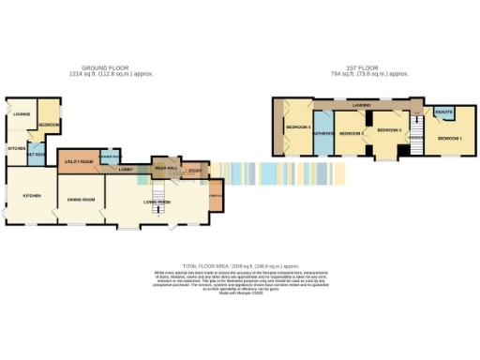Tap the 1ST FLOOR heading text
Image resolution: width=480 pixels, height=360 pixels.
[x=369, y=67]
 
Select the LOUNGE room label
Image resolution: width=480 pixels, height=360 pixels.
[x=21, y=114]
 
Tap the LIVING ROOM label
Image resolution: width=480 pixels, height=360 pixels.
[x=156, y=202]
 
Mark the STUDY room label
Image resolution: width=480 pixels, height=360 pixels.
[x=194, y=170]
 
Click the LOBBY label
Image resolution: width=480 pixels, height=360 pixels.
[x=125, y=169]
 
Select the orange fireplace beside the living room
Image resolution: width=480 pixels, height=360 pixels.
[x=216, y=195]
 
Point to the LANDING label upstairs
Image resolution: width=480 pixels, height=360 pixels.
[x=359, y=105]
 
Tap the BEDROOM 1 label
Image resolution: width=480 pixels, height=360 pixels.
[x=449, y=138]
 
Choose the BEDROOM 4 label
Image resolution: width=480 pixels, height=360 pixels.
[x=297, y=127]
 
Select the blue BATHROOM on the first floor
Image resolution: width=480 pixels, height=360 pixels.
[x=323, y=133]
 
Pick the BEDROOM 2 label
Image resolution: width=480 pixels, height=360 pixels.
[x=389, y=129]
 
